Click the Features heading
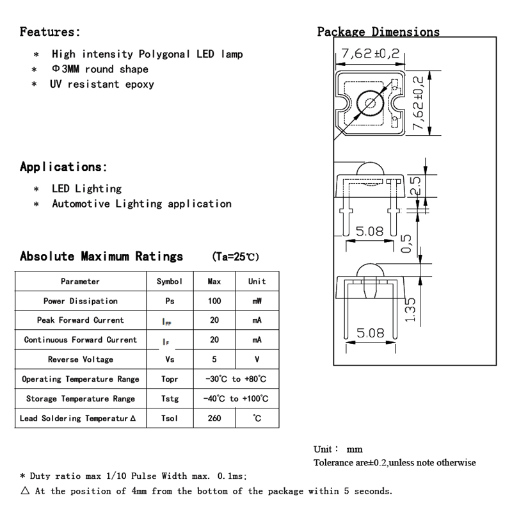pos(51,31)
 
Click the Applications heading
pos(63,167)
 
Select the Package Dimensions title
pos(378,32)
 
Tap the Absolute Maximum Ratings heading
pos(101,257)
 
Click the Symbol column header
pos(170,281)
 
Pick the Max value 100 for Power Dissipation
pos(214,301)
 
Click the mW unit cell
pos(257,301)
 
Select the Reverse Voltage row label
pos(80,360)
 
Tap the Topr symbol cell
pos(170,379)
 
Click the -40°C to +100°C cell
pos(236,399)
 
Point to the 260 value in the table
pos(214,419)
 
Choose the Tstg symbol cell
pos(170,399)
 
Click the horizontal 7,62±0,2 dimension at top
pos(371,54)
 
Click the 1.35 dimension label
pos(412,311)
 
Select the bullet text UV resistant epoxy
pos(102,84)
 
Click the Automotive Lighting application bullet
pos(141,204)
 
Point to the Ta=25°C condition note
pos(235,257)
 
